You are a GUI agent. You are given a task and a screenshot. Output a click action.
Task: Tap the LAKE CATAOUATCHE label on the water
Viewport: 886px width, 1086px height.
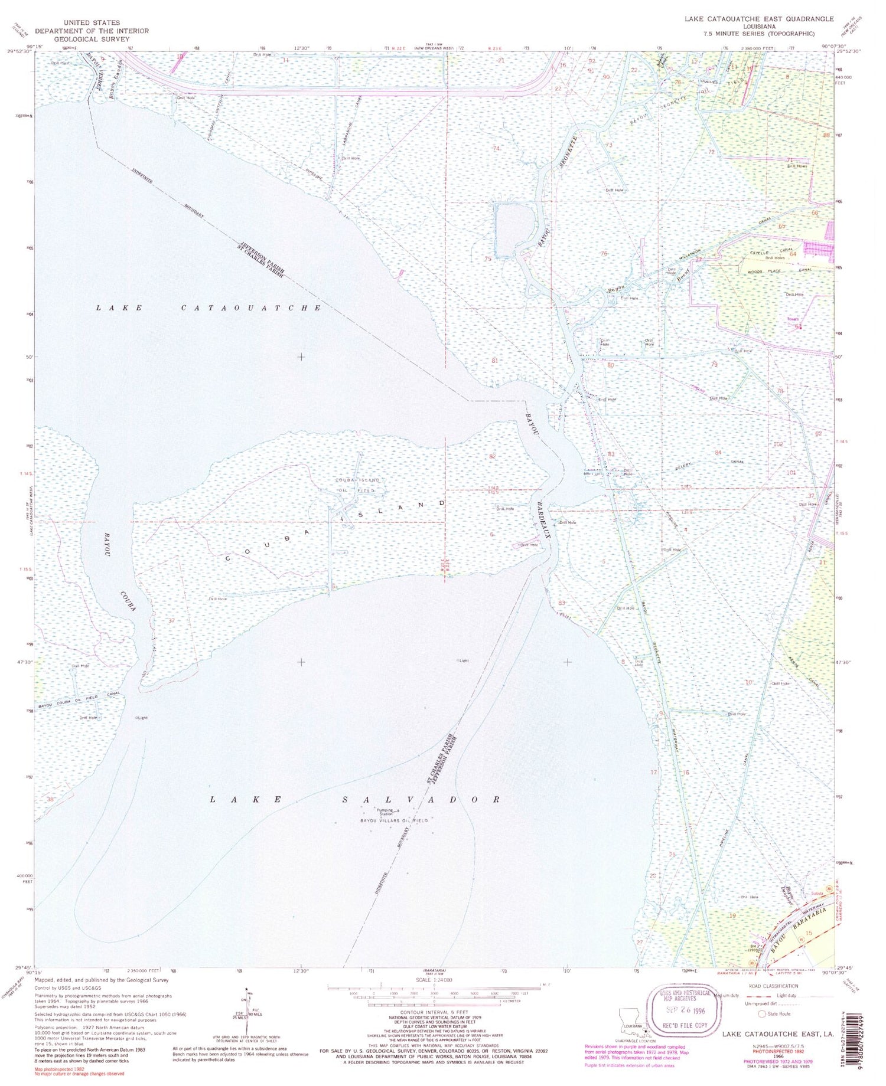pyautogui.click(x=209, y=308)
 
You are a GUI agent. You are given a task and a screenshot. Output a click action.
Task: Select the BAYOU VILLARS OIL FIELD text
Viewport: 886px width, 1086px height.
pyautogui.click(x=394, y=821)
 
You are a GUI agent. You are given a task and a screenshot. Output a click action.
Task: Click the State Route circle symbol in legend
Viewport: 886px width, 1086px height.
pyautogui.click(x=762, y=1014)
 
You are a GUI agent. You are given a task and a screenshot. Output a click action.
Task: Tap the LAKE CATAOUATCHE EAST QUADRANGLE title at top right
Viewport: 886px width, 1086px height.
pyautogui.click(x=759, y=19)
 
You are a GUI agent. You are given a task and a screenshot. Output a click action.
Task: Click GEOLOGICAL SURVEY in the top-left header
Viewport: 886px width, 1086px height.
pyautogui.click(x=92, y=39)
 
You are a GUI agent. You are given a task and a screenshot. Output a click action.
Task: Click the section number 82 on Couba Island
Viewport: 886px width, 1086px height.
pyautogui.click(x=492, y=456)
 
